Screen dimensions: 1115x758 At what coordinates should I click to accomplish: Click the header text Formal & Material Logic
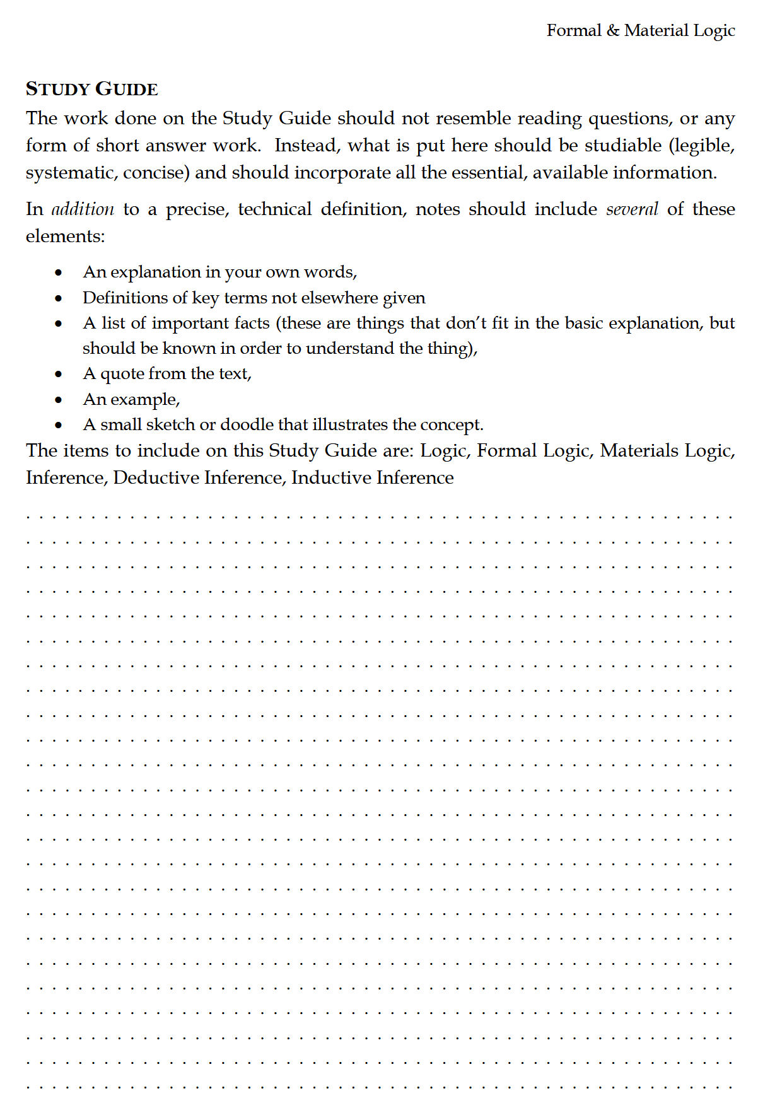pos(640,30)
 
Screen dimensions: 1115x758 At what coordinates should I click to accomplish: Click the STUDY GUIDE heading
pos(91,89)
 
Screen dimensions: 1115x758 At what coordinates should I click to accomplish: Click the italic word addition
pos(83,209)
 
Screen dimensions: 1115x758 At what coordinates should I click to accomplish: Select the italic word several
pos(631,209)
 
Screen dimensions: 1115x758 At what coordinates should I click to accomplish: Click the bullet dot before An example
pos(59,400)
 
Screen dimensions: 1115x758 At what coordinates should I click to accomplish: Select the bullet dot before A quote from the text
pos(59,374)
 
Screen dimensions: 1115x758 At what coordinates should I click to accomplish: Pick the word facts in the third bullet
pos(252,323)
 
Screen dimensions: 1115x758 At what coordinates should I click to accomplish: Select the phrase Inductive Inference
pos(372,477)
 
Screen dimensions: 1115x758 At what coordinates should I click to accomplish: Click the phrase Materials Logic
pos(667,450)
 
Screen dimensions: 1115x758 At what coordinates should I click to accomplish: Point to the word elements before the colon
pos(63,236)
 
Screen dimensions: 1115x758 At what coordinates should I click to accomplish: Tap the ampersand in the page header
pos(613,30)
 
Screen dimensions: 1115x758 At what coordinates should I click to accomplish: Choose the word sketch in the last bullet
pos(170,424)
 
